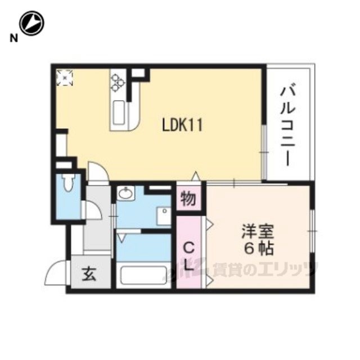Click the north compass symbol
tap(31, 24)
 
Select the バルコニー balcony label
tap(289, 125)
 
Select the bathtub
tap(143, 276)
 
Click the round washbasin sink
tap(125, 195)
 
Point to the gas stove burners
tap(118, 83)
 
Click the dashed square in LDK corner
tap(65, 77)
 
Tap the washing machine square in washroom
tap(164, 216)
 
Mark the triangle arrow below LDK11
tap(195, 175)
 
